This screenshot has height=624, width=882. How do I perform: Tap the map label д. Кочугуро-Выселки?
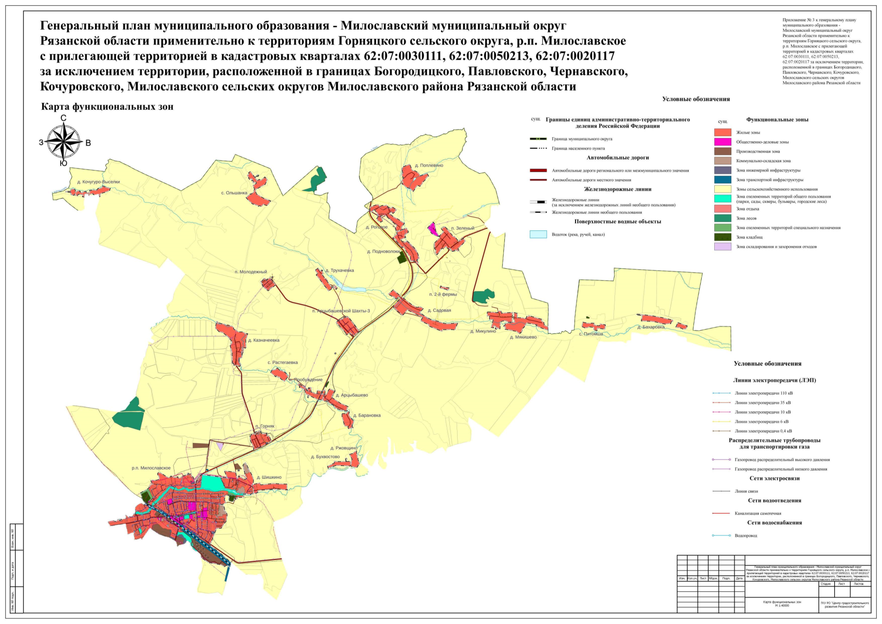pos(98,182)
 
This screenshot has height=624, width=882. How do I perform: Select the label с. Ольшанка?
pos(234,193)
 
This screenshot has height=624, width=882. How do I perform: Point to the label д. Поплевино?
pos(429,166)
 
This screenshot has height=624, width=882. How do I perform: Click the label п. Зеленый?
pos(462,228)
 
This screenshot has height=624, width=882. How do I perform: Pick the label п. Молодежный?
pos(250,272)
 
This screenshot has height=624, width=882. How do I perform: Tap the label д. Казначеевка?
pos(263,341)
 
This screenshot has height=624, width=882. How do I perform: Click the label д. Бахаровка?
pos(651,328)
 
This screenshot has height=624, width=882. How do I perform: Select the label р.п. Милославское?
pos(151,468)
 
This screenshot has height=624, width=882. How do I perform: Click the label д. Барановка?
pos(367,415)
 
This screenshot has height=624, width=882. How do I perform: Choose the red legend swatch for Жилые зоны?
pos(723,133)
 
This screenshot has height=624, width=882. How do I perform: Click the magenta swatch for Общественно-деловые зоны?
pos(723,142)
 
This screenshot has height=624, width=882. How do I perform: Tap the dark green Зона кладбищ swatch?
pos(723,237)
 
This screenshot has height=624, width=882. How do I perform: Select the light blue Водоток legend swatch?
pos(538,235)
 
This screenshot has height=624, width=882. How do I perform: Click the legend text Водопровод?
pos(745,536)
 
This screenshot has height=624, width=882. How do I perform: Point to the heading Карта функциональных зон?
pos(107,107)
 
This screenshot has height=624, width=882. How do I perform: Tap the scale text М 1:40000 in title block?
pos(782,605)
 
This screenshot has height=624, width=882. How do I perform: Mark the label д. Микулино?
pos(483,331)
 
